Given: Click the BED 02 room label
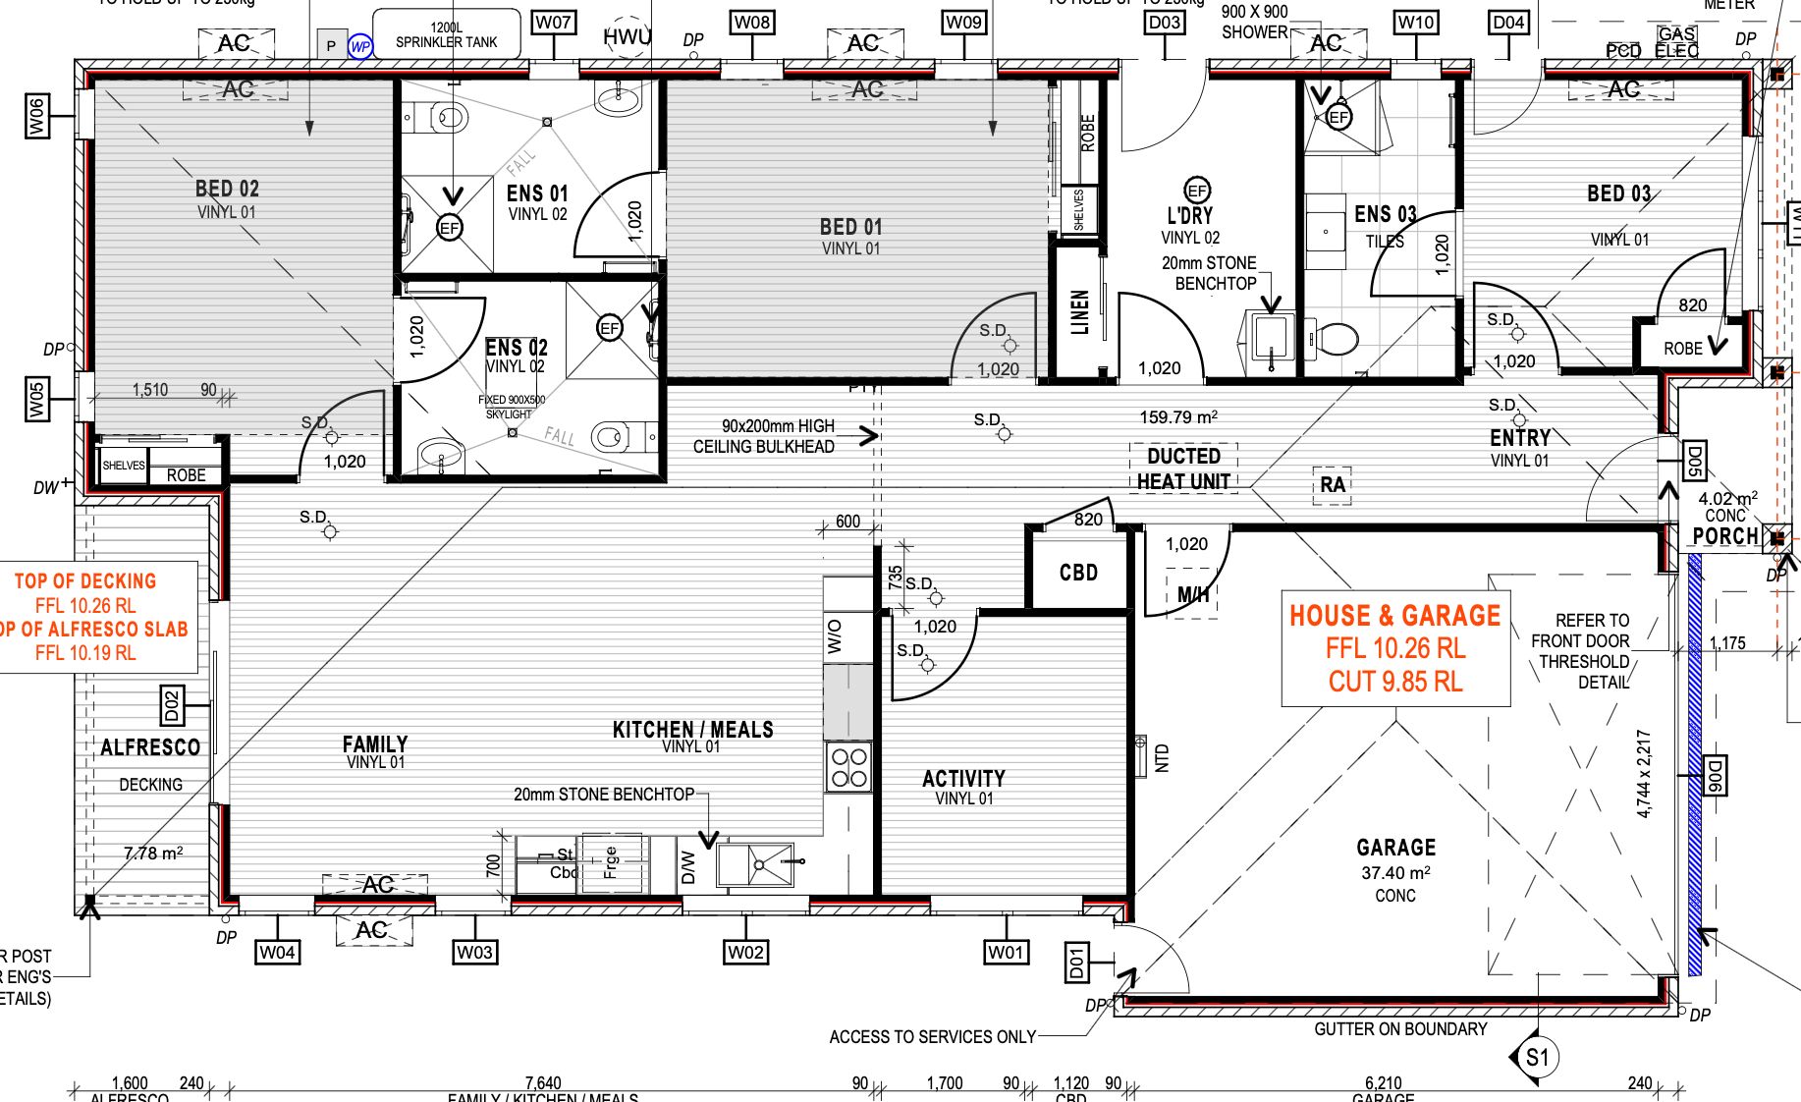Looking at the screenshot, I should [x=227, y=189].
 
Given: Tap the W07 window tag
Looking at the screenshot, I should [x=553, y=22].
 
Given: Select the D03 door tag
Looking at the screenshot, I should [x=1164, y=22].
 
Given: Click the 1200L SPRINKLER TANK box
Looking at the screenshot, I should [x=447, y=34].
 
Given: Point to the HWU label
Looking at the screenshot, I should [x=627, y=37].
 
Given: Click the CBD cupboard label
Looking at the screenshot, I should [x=1078, y=573].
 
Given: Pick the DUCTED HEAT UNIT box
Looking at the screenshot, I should [x=1183, y=468].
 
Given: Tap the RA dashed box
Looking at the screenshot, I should [x=1332, y=484].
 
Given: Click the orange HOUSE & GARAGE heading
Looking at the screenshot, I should [x=1394, y=616].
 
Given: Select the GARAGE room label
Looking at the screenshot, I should [x=1395, y=847].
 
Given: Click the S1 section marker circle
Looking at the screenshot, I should [x=1537, y=1058].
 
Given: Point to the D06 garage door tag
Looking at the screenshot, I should [x=1714, y=775].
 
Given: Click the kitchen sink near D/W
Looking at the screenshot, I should [x=755, y=864].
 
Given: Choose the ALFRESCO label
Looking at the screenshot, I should [x=150, y=747].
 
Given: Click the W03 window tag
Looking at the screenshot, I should [x=474, y=951].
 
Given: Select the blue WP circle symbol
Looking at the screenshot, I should [x=360, y=46].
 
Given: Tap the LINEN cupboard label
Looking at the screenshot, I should [x=1080, y=311].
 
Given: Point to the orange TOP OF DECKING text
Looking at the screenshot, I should [x=85, y=580].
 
